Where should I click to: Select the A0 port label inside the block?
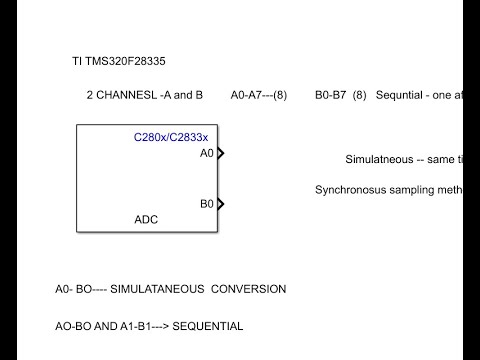click(207, 154)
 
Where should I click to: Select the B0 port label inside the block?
click(207, 204)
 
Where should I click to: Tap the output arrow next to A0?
click(220, 154)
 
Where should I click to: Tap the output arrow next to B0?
click(220, 204)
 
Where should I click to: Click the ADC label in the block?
click(146, 219)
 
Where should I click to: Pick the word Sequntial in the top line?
click(400, 95)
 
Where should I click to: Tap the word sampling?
click(413, 189)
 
